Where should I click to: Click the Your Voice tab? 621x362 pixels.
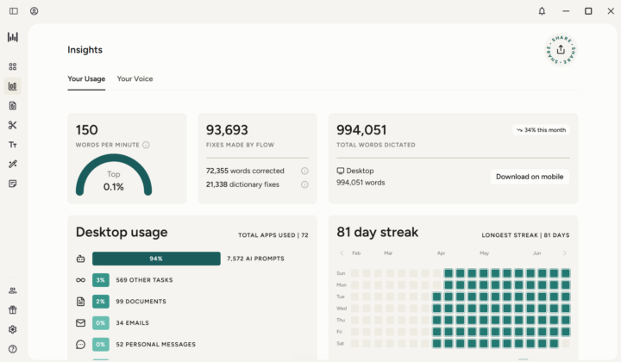coord(135,78)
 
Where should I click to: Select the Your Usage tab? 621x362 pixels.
coord(86,78)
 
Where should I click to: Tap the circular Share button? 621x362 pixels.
coord(561,50)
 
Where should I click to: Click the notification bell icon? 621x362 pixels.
coord(542,11)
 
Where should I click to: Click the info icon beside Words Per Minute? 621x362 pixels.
coord(146,145)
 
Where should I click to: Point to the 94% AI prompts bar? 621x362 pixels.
coord(156,259)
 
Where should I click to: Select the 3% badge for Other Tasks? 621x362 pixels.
coord(101,280)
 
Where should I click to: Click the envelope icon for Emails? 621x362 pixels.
coord(80,323)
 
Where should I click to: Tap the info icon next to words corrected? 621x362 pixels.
coord(304,171)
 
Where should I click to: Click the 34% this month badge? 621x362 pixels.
coord(541,130)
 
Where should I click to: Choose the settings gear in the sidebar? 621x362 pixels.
coord(13,329)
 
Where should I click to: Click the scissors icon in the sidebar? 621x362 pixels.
coord(13,125)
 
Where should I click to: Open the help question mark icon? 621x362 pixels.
coord(13,349)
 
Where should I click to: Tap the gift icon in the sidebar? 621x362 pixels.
coord(13,309)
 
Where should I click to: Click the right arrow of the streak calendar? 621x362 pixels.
coord(565,253)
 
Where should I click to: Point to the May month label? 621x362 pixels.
coord(485,253)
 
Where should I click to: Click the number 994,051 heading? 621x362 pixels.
coord(361,130)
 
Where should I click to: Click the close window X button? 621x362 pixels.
coord(611,11)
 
